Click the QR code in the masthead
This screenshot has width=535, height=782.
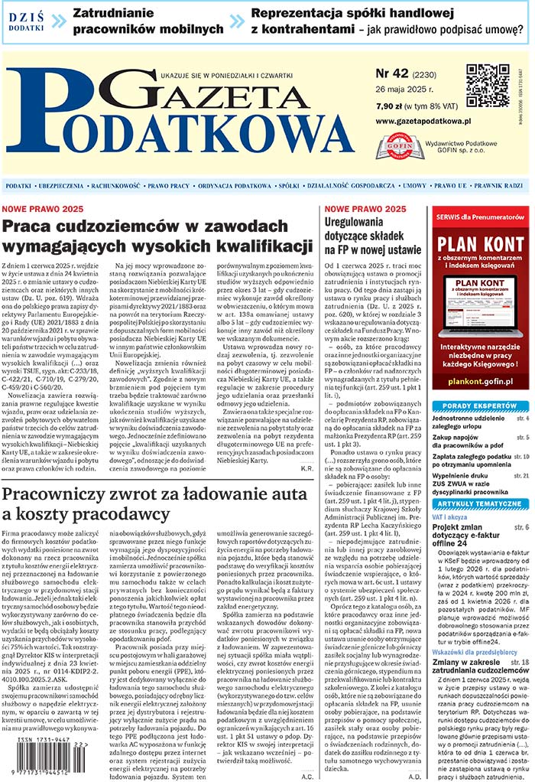click(x=488, y=86)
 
